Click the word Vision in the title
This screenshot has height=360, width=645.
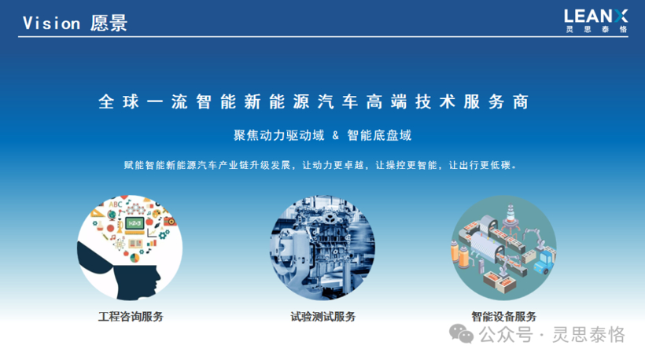(x=51, y=24)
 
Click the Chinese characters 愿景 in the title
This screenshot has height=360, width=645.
(x=109, y=24)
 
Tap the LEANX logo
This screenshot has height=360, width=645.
(x=595, y=20)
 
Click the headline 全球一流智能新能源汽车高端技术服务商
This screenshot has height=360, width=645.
(x=313, y=102)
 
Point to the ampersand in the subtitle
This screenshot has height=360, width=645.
(x=336, y=135)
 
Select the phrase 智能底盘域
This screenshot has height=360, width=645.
(x=379, y=135)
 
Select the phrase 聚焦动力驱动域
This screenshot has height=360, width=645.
(x=279, y=135)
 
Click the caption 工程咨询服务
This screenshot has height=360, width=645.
(x=131, y=317)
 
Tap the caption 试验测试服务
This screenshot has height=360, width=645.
(x=323, y=317)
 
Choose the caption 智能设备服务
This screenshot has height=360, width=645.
(x=504, y=317)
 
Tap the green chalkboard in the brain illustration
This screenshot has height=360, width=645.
(x=135, y=223)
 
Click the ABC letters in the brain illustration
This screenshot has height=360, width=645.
(x=116, y=204)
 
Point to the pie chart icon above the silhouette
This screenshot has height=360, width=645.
(x=135, y=258)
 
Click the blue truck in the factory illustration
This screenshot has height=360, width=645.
(x=544, y=263)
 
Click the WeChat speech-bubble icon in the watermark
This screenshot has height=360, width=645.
(x=461, y=334)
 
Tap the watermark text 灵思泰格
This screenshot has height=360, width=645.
(x=588, y=335)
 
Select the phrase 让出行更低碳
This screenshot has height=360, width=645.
(x=480, y=165)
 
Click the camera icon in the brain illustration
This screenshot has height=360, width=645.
(x=170, y=221)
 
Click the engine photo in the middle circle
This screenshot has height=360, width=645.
(x=322, y=248)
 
